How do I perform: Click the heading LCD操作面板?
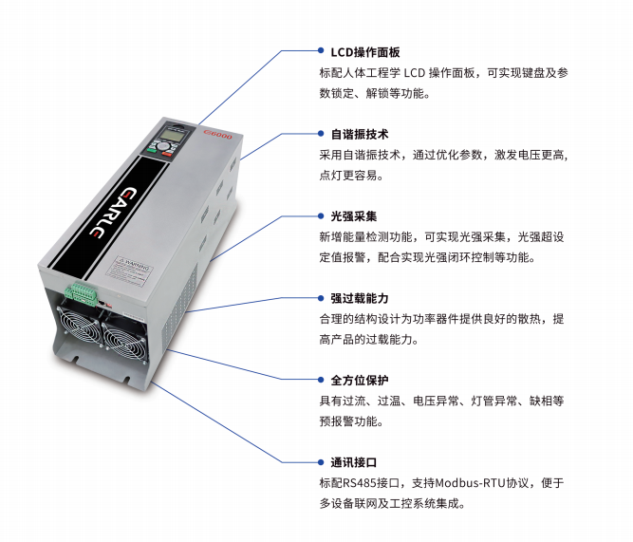(x=365, y=52)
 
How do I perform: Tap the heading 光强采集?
(x=354, y=216)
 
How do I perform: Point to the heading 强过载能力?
(x=360, y=298)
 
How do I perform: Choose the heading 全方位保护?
(x=360, y=380)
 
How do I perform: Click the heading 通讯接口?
(x=354, y=462)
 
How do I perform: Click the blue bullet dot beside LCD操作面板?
(x=321, y=50)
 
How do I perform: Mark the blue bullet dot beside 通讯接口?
(x=321, y=462)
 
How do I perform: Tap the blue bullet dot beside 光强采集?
(x=321, y=216)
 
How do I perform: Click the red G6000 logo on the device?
(x=218, y=134)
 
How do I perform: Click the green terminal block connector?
(x=82, y=293)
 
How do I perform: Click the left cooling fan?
(x=79, y=326)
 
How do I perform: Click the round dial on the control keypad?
(x=163, y=146)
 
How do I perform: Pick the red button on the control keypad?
(x=167, y=154)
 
